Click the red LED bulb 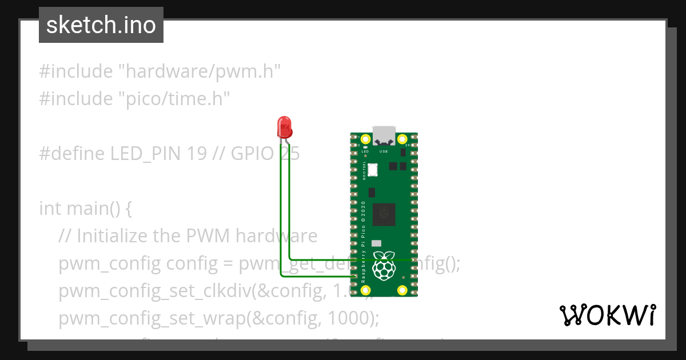[284, 126]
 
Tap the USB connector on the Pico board [384, 134]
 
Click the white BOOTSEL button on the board [373, 170]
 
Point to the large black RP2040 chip [384, 215]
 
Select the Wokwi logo [607, 315]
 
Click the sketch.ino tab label [101, 25]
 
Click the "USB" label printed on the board [384, 151]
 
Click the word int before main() [50, 209]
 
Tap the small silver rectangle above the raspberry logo [376, 243]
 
